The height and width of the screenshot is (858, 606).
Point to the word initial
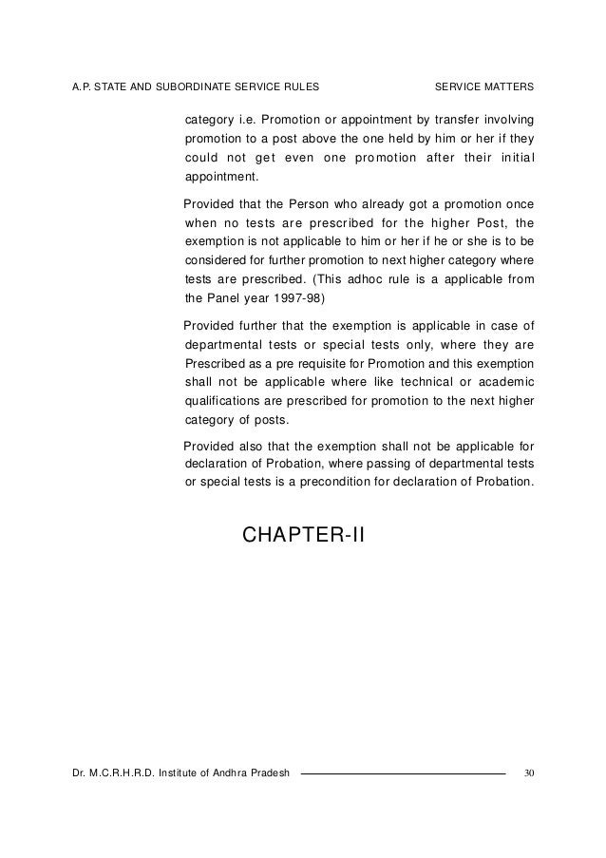pos(513,157)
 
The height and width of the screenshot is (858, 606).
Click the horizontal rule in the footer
pos(403,772)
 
